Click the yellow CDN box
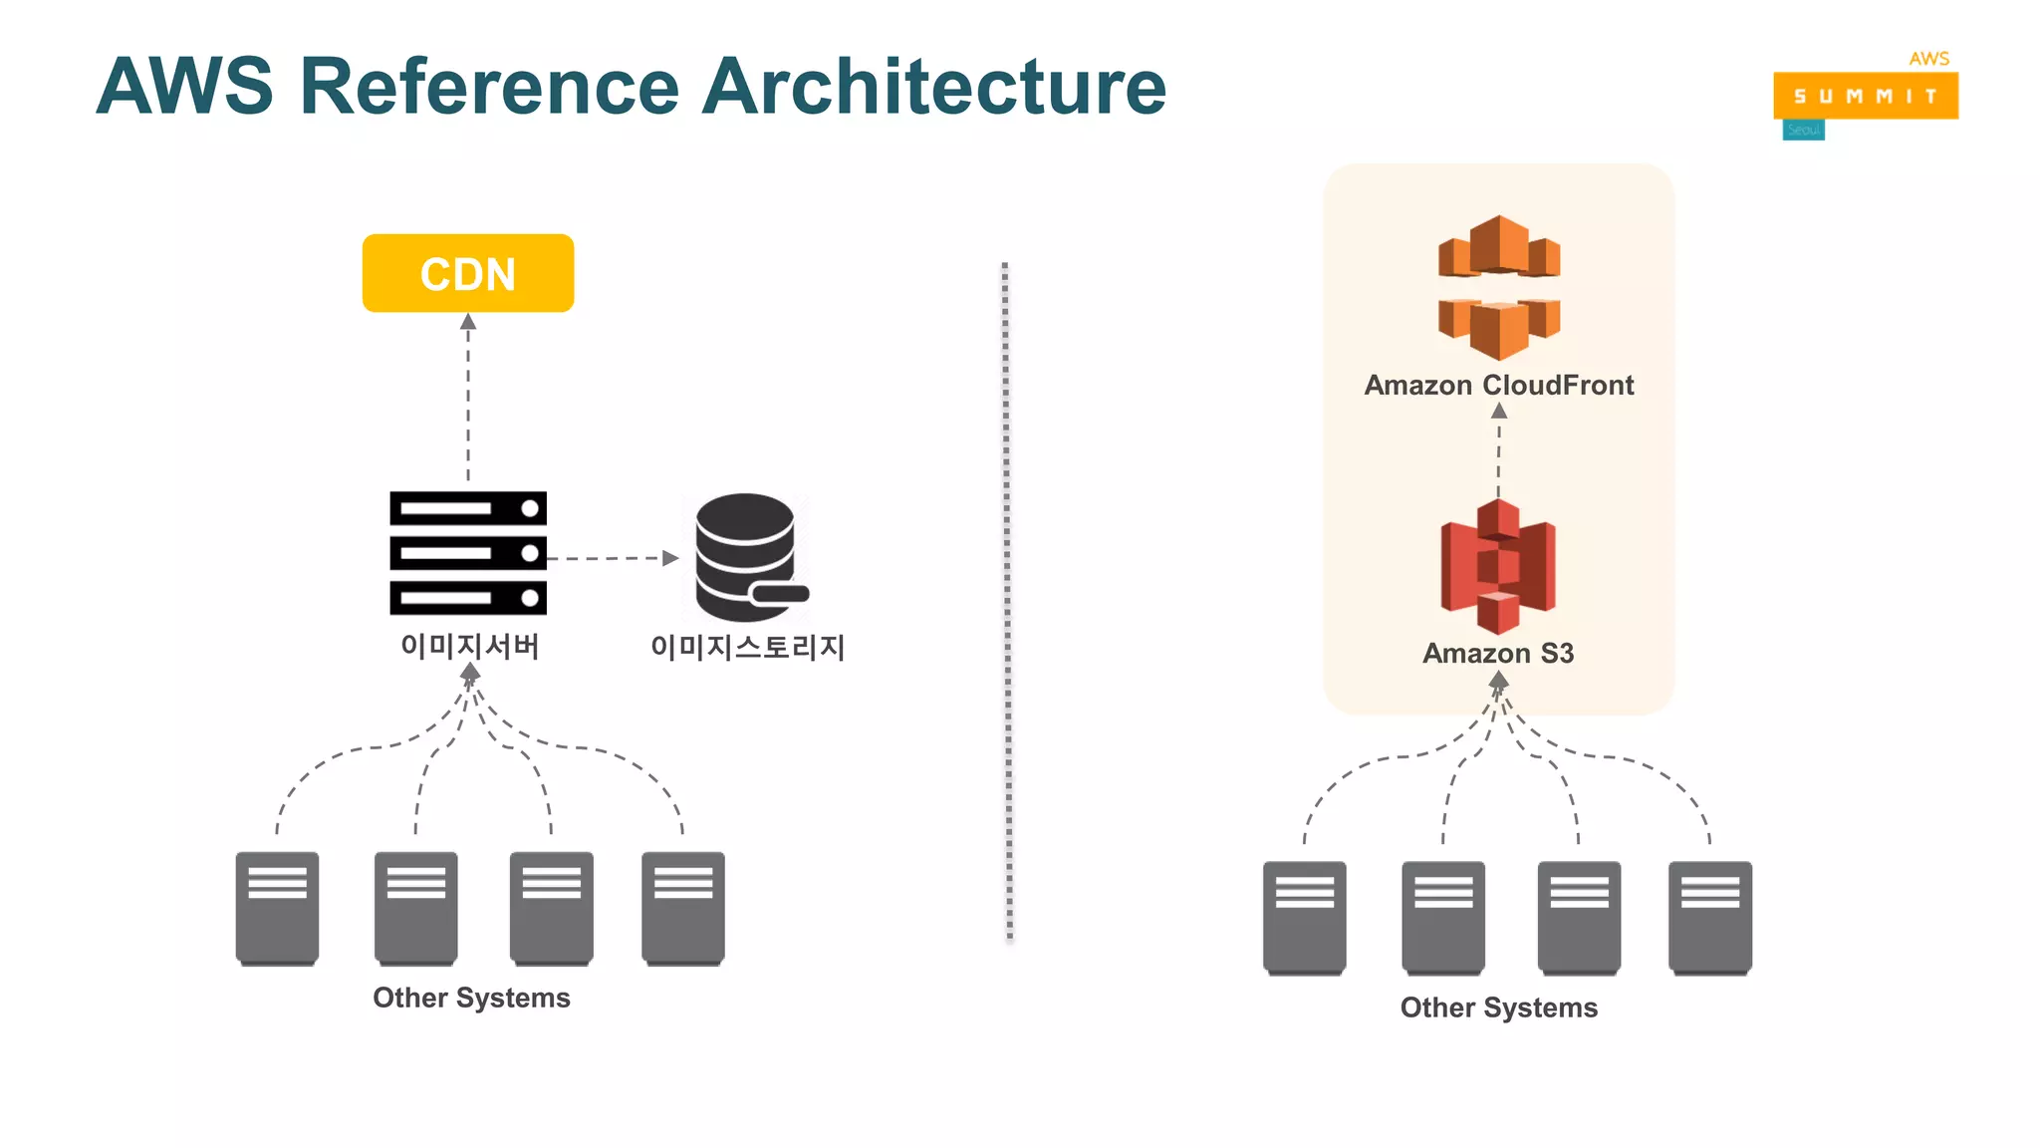467,273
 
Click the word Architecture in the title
933,87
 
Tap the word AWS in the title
184,87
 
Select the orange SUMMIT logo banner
1865,96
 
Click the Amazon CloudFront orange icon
1498,287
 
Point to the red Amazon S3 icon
1497,566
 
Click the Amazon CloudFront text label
1498,385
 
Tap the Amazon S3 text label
1497,653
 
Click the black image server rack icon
467,552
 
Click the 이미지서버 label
469,646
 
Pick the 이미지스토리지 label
747,647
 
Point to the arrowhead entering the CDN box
468,322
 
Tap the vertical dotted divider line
1007,598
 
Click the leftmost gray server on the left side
277,908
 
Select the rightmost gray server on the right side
1709,918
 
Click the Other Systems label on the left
471,998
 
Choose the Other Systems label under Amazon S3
1498,1007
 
